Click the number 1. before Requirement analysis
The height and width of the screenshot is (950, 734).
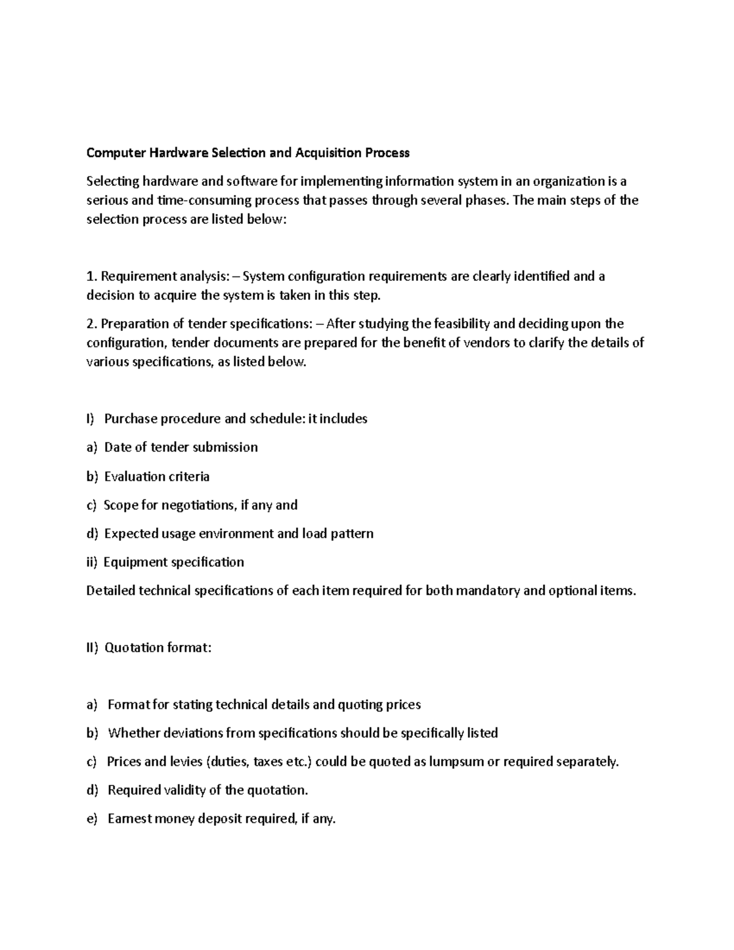[x=91, y=276]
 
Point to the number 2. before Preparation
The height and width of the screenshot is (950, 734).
[x=92, y=324]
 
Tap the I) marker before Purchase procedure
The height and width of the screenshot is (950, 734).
[x=91, y=419]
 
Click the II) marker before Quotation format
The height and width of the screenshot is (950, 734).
[x=92, y=648]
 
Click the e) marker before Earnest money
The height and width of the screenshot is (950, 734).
[x=92, y=819]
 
